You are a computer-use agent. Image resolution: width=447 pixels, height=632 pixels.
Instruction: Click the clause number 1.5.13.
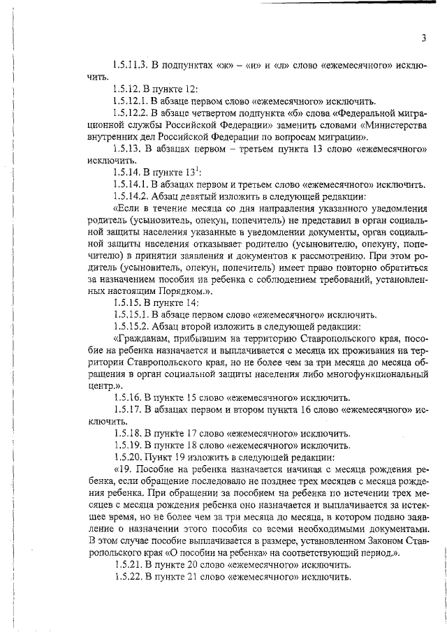click(126, 149)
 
